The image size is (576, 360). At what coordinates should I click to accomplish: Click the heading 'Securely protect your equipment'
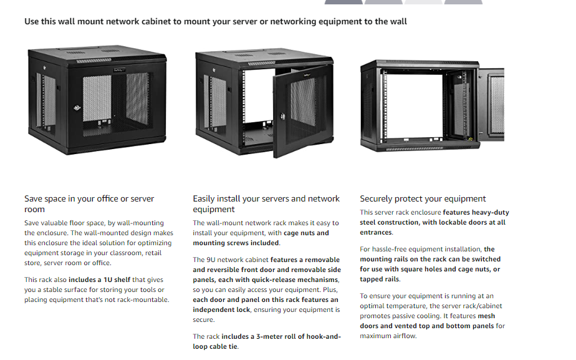pos(423,199)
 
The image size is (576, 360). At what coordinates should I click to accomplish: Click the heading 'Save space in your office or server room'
pos(89,204)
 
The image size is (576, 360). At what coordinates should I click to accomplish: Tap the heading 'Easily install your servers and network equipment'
pos(266,204)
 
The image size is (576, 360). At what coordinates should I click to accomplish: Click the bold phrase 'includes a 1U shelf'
pos(98,280)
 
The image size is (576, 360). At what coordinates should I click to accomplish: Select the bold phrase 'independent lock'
pos(221,309)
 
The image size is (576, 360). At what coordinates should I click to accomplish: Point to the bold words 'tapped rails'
pos(380,280)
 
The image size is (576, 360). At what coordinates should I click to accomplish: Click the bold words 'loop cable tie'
pos(216,346)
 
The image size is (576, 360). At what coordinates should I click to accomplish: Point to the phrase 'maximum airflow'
pos(388,336)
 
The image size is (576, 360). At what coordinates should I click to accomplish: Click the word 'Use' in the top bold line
pos(32,21)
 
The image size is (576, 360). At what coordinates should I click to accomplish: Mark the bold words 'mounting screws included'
pos(236,243)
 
